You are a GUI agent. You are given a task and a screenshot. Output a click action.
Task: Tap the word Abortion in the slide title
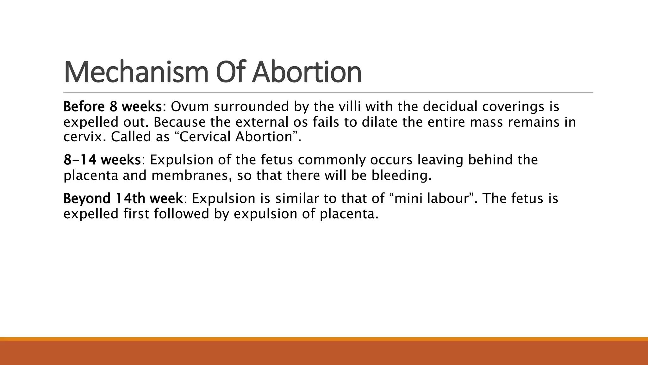point(307,72)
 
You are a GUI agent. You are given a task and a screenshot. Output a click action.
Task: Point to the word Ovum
point(190,107)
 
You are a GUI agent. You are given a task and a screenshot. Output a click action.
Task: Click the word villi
point(350,107)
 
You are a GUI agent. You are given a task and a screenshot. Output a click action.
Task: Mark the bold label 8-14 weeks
point(102,160)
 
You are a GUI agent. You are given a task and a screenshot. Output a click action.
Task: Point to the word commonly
point(332,160)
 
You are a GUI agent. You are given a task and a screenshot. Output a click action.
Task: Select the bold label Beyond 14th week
point(123,199)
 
